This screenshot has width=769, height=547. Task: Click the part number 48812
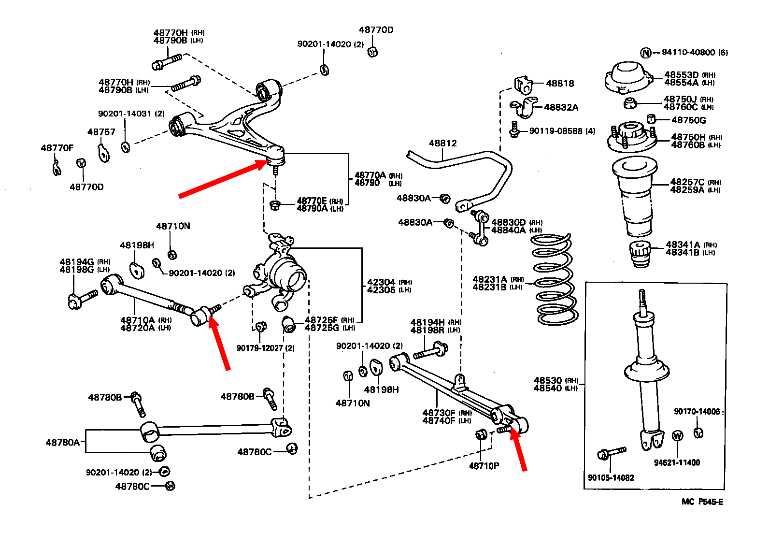[x=442, y=144]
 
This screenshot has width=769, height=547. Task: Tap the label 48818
[x=560, y=84]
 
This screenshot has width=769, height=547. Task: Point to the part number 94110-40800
[x=688, y=52]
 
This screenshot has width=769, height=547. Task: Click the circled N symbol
[x=646, y=53]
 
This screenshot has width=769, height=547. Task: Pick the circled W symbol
[x=678, y=436]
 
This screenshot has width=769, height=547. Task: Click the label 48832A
[x=561, y=107]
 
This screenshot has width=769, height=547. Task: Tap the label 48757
[x=101, y=132]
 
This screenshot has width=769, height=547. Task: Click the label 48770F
[x=57, y=148]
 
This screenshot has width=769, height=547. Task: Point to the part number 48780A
[x=62, y=442]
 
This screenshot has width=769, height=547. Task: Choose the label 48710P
[x=484, y=466]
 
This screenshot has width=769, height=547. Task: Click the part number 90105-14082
[x=611, y=477]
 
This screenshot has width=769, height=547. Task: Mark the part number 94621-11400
[x=677, y=462]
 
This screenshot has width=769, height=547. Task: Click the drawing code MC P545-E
[x=702, y=502]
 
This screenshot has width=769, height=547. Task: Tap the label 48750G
[x=688, y=120]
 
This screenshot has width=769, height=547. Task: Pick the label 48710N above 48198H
[x=173, y=226]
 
